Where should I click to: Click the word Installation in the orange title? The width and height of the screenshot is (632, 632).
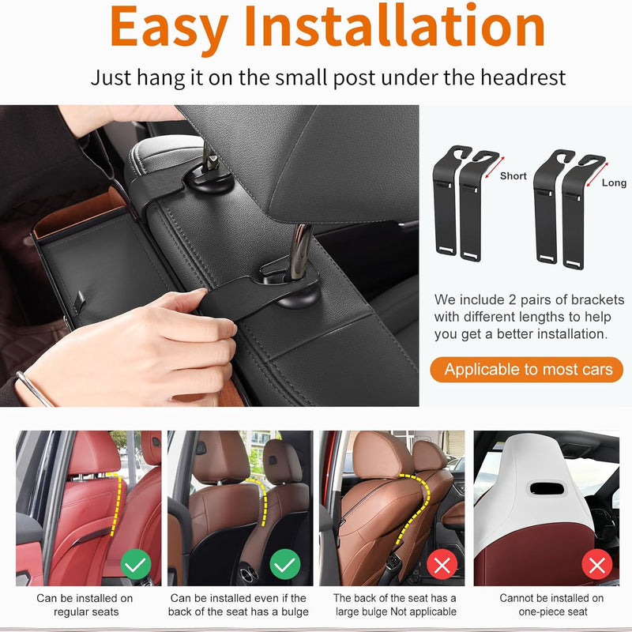(394, 25)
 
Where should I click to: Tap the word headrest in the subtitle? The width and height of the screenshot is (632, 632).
(523, 77)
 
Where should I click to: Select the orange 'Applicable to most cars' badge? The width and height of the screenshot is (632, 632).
(526, 369)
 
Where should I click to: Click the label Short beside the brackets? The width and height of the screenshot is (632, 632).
(513, 175)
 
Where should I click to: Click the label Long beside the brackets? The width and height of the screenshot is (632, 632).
(614, 182)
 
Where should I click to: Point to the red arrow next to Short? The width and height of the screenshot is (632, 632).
(495, 167)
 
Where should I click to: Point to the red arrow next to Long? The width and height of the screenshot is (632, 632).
(597, 175)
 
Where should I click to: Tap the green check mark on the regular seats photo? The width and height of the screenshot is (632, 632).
(136, 564)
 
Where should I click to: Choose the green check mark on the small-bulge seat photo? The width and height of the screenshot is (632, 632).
(285, 564)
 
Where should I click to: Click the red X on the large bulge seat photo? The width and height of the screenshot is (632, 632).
(442, 564)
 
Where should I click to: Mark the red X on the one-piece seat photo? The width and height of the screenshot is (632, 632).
(597, 564)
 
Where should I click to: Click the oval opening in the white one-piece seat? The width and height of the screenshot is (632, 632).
(547, 489)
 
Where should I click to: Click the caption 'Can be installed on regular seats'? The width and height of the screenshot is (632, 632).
(85, 604)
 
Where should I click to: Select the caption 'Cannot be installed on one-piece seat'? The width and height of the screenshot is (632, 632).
(551, 604)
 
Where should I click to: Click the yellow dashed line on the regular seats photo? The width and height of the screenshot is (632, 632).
(116, 504)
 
